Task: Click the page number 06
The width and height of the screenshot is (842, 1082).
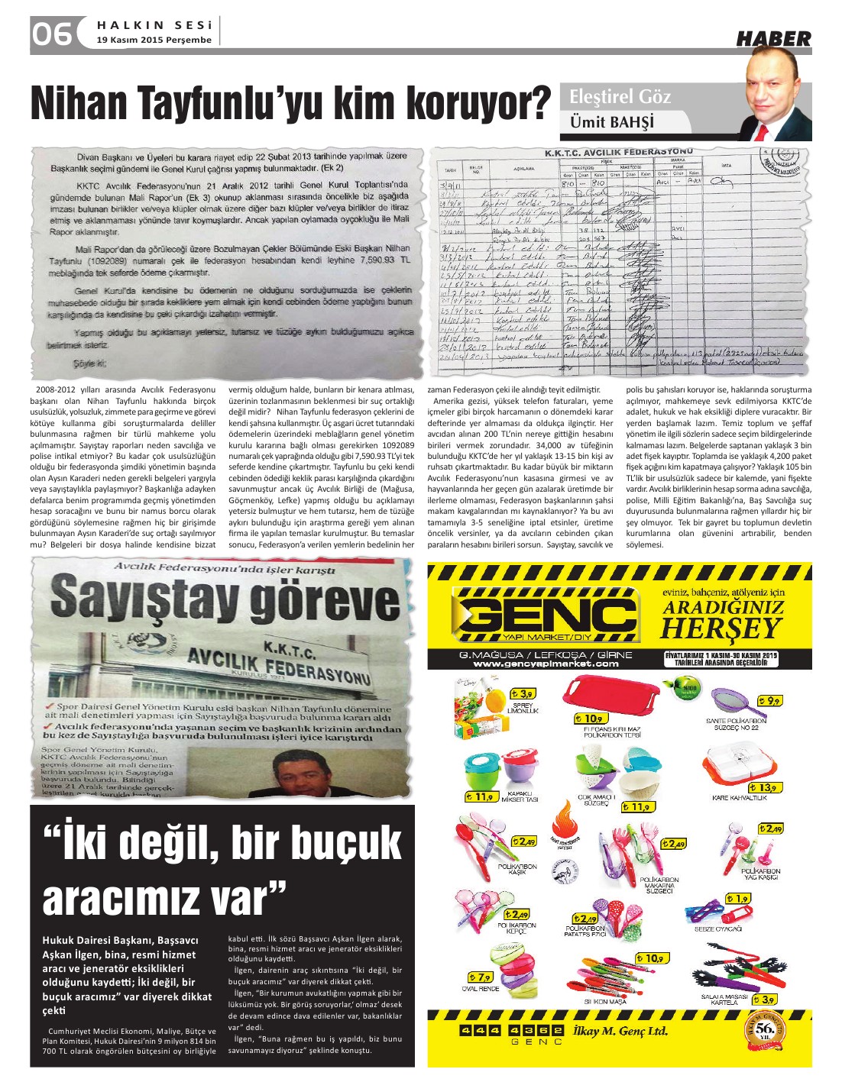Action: [52, 33]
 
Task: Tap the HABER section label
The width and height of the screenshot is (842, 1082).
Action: [772, 38]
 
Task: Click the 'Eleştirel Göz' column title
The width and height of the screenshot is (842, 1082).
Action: [620, 96]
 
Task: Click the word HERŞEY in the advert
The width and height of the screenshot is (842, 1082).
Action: [722, 628]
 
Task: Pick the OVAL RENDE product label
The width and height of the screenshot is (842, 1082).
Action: [481, 989]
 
